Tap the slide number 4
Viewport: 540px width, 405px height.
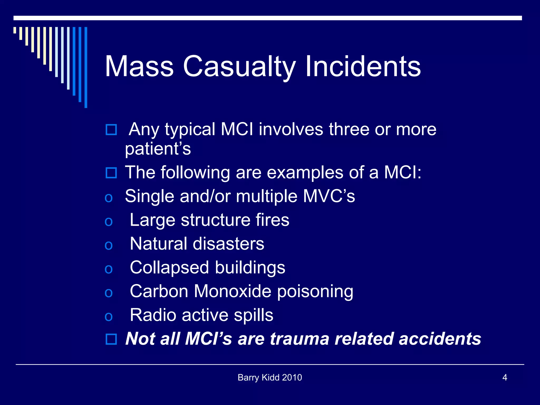pyautogui.click(x=505, y=378)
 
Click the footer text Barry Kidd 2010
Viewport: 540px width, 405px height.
pyautogui.click(x=270, y=378)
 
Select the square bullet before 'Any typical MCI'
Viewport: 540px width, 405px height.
pyautogui.click(x=111, y=130)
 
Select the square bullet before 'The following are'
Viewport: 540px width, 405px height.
pyautogui.click(x=111, y=173)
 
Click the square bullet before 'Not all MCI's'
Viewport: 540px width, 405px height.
pyautogui.click(x=111, y=339)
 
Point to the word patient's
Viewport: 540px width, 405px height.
pyautogui.click(x=158, y=149)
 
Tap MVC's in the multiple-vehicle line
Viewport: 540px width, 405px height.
pyautogui.click(x=329, y=196)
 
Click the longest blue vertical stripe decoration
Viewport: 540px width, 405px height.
pyautogui.click(x=86, y=67)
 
